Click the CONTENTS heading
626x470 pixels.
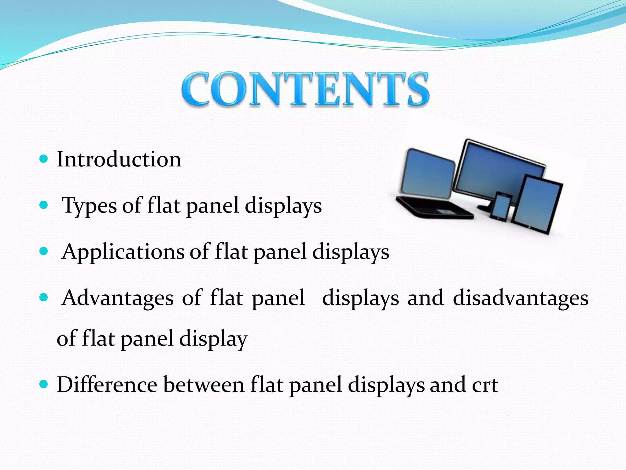click(305, 89)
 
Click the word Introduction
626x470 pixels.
click(119, 159)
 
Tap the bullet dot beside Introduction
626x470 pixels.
click(44, 159)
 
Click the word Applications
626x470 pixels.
click(123, 252)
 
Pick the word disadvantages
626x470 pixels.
click(520, 298)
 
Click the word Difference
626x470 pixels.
click(107, 385)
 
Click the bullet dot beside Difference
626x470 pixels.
click(44, 384)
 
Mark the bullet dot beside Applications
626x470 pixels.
click(44, 252)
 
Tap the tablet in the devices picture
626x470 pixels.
click(537, 203)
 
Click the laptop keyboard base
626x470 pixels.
click(434, 208)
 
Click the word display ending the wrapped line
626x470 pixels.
click(213, 339)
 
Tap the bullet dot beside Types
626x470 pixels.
click(44, 205)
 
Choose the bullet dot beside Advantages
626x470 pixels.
click(44, 297)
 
